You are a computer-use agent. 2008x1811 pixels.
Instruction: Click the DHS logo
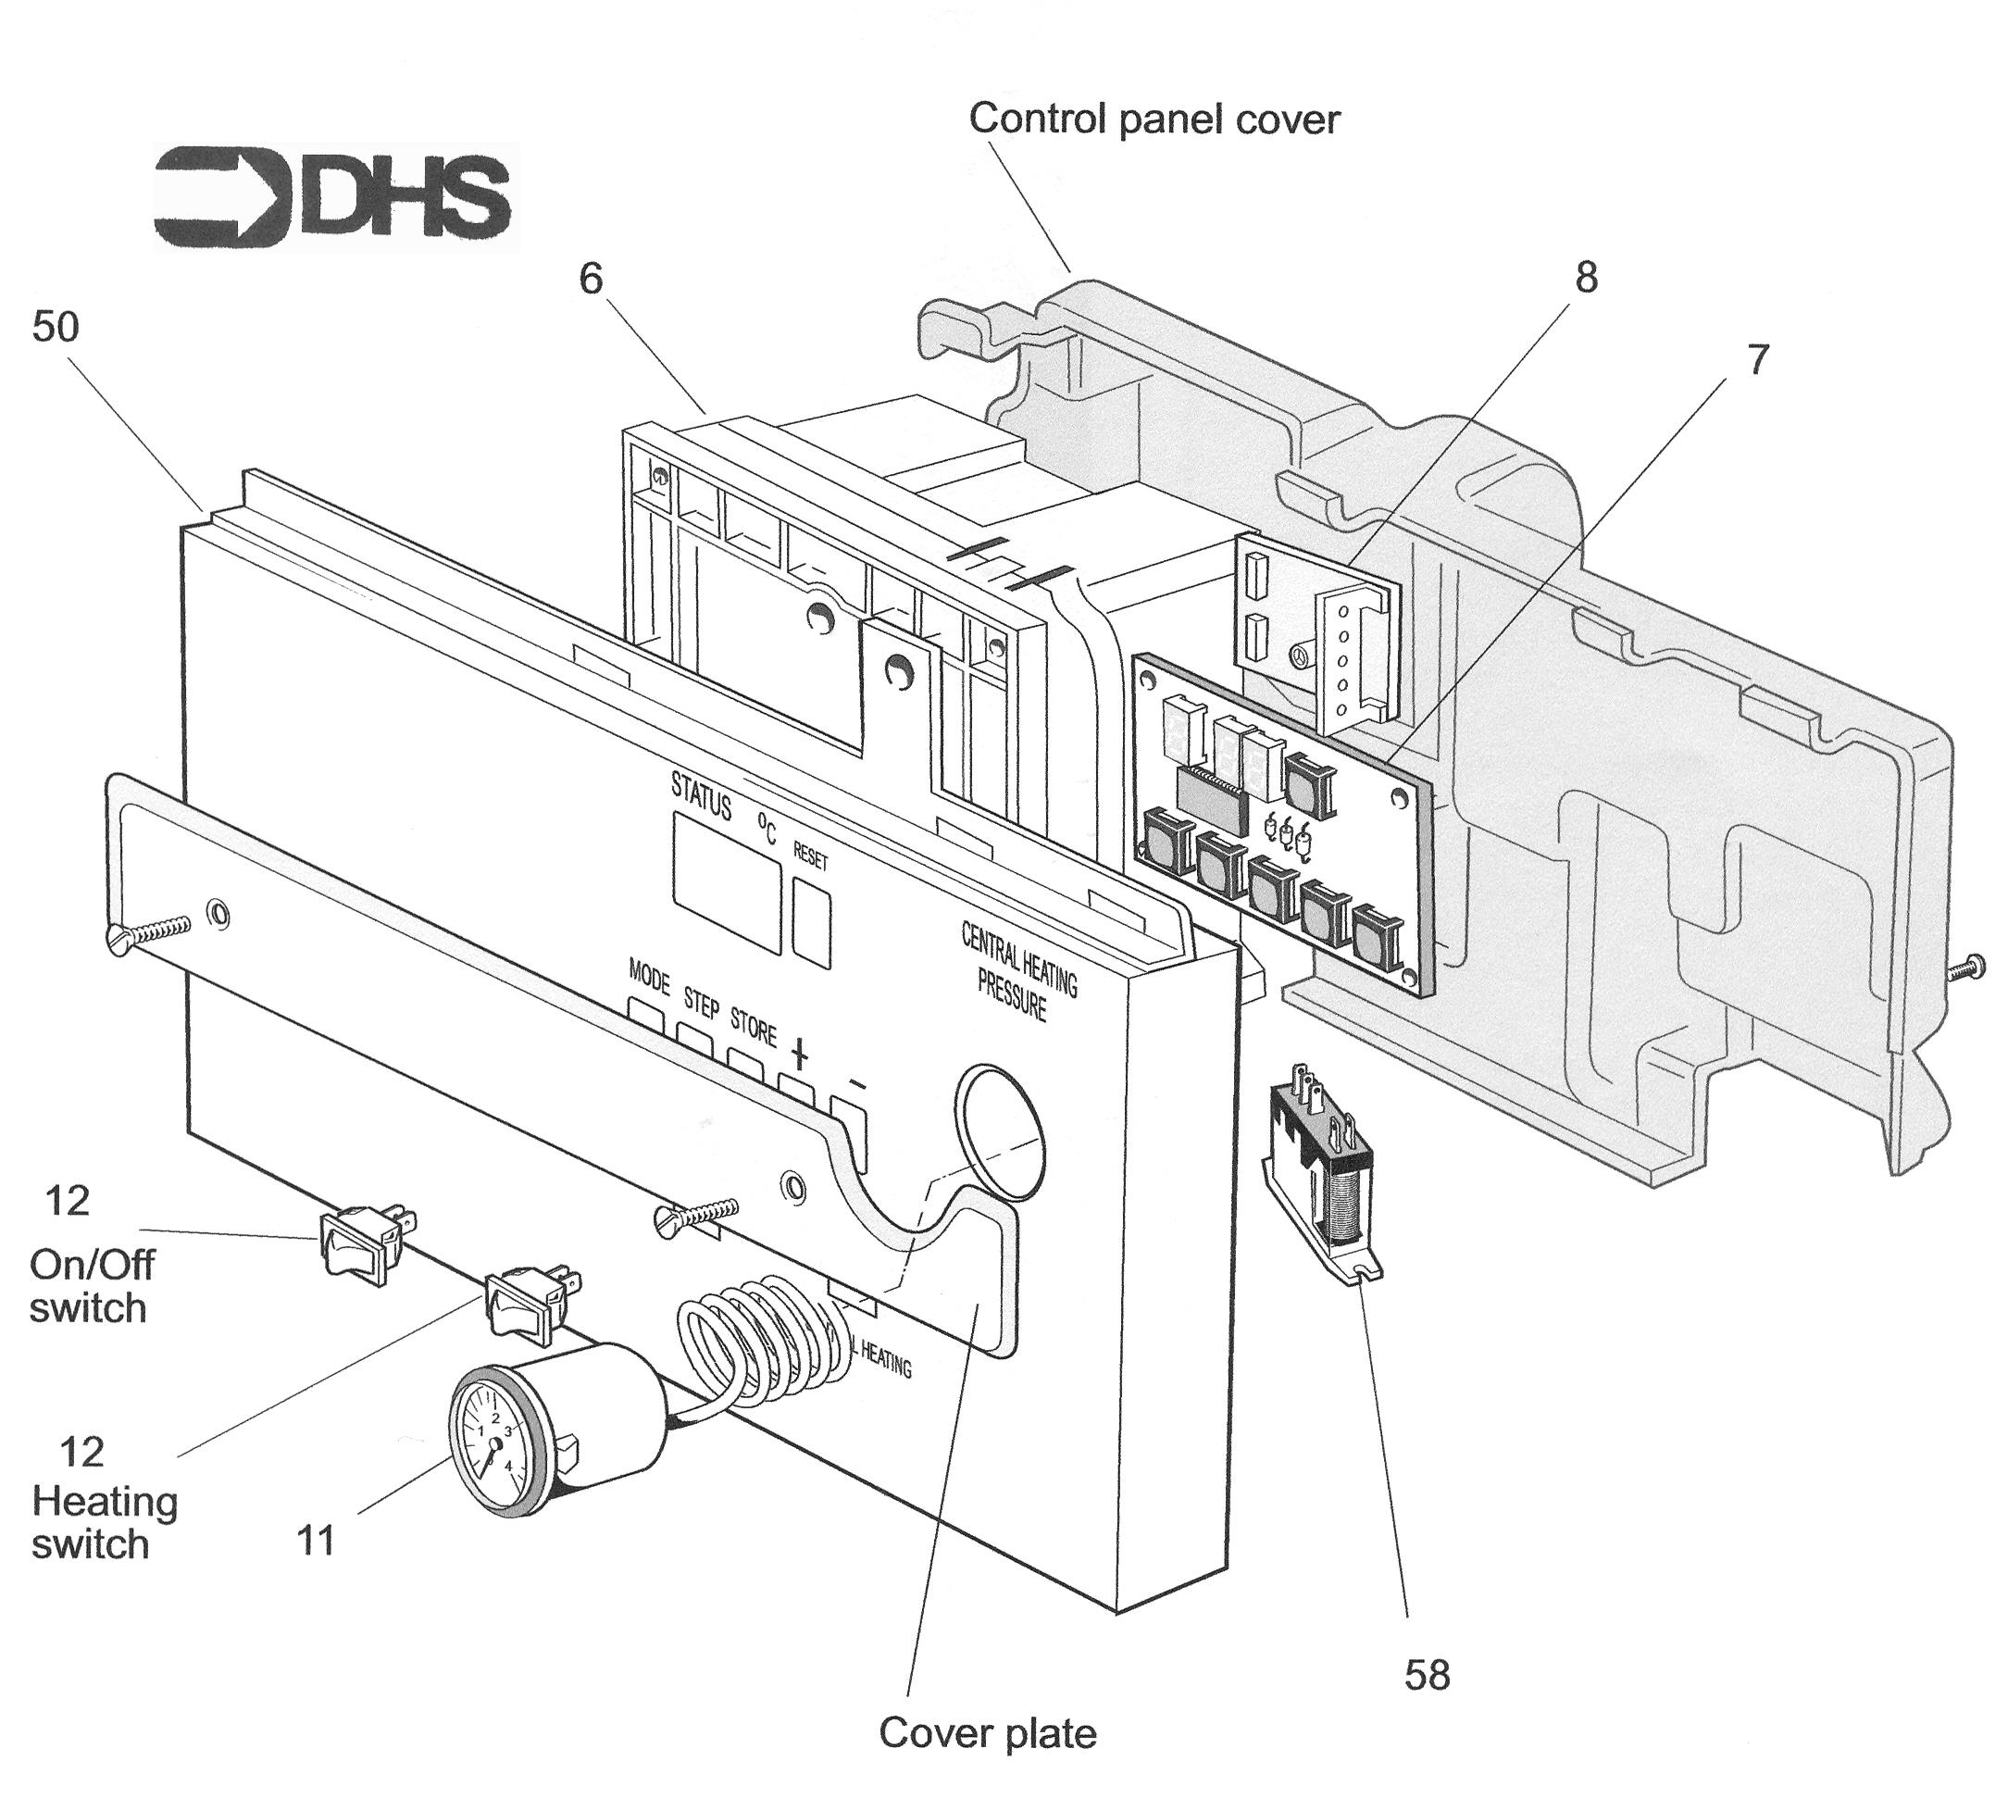coord(334,196)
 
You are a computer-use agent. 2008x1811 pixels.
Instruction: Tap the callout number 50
coord(56,328)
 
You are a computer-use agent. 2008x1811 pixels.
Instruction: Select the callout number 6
coord(591,280)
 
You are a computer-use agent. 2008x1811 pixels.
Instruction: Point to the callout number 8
coord(1586,278)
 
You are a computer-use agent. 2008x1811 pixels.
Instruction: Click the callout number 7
coord(1758,360)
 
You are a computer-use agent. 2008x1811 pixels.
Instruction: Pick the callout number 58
coord(1427,1676)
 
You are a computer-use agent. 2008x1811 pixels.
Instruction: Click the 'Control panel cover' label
coord(1154,119)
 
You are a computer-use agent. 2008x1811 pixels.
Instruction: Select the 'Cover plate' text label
coord(987,1733)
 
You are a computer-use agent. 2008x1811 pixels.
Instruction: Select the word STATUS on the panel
coord(702,796)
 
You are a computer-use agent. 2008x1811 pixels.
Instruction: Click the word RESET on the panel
coord(810,856)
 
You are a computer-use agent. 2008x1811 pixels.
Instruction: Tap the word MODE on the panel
coord(649,977)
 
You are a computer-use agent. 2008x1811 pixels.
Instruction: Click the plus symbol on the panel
coord(800,1053)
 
